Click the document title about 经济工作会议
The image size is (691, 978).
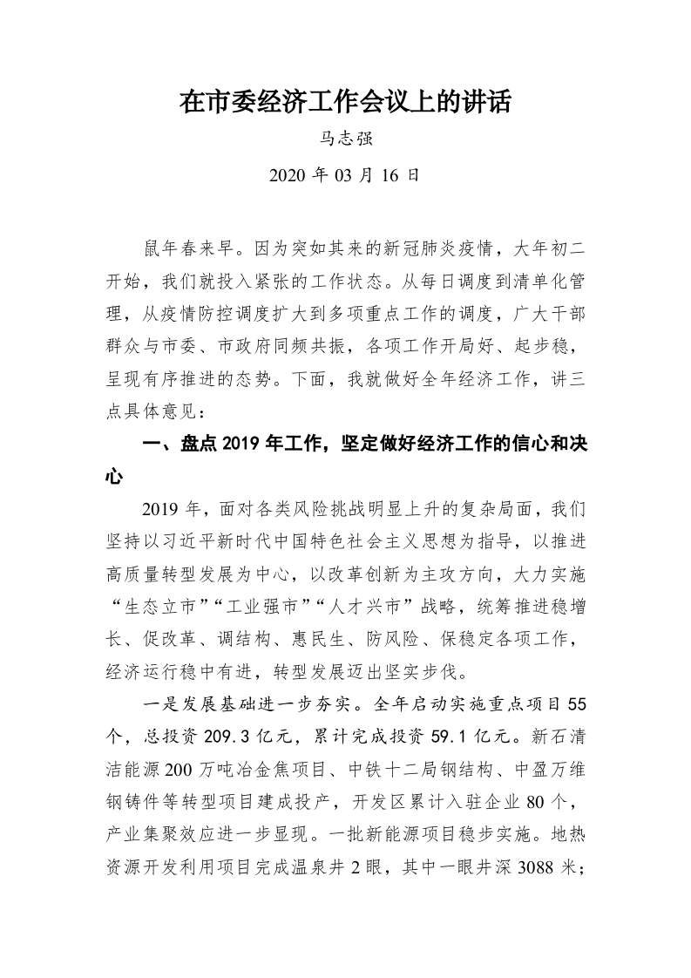(x=345, y=103)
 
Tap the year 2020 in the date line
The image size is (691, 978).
(x=287, y=175)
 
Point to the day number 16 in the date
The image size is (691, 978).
(x=391, y=175)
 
